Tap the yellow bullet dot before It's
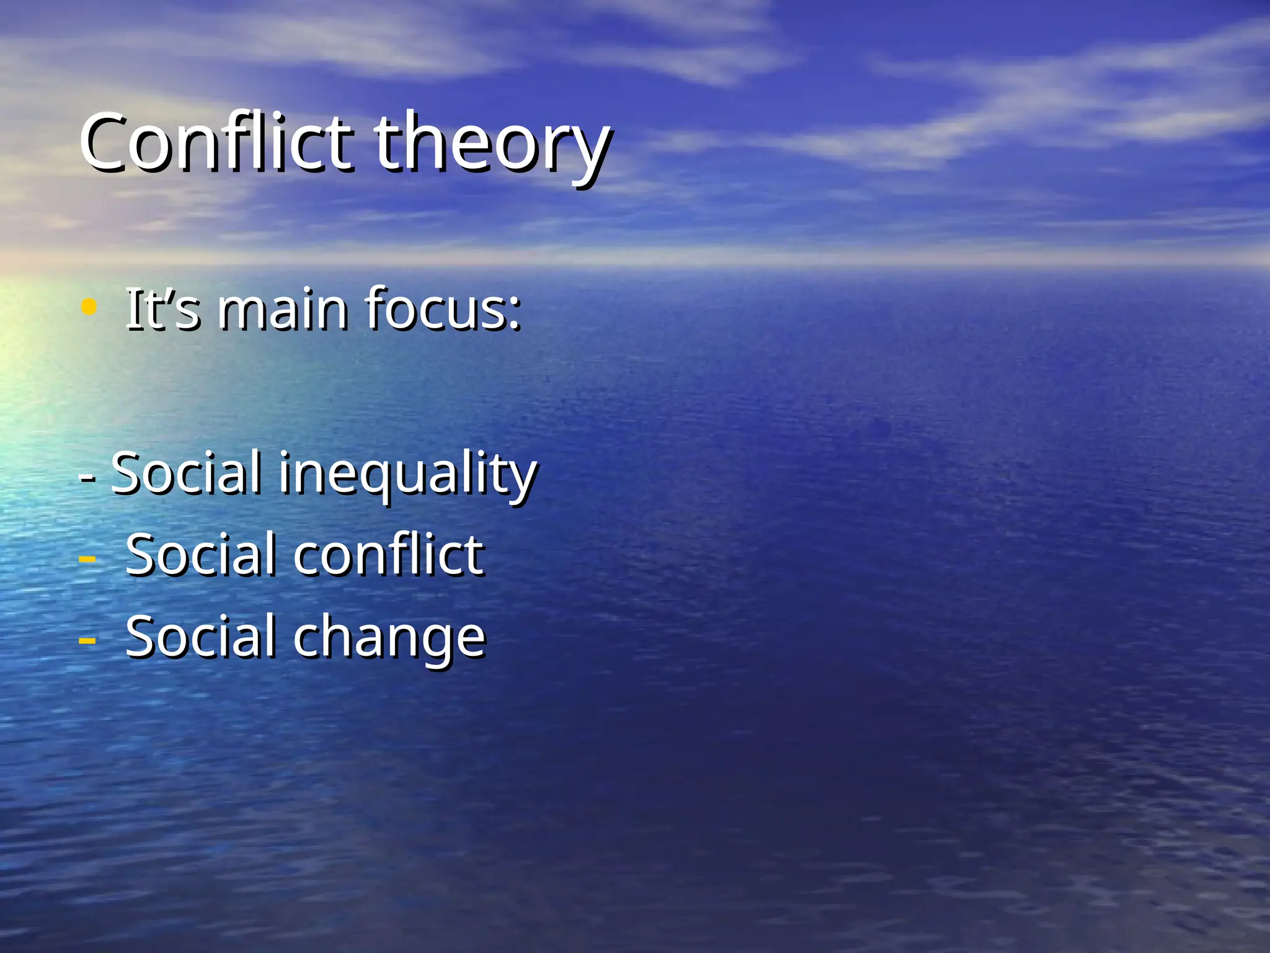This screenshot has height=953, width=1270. pyautogui.click(x=89, y=306)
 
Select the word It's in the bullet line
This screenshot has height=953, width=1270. pyautogui.click(x=162, y=308)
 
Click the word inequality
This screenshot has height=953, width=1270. pyautogui.click(x=407, y=474)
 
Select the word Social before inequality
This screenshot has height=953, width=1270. pyautogui.click(x=186, y=473)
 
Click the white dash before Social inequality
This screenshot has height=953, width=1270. pyautogui.click(x=87, y=478)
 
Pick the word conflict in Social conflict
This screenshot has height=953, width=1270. pyautogui.click(x=388, y=554)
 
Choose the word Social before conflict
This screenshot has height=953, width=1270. pyautogui.click(x=200, y=554)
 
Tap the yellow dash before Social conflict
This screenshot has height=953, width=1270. pyautogui.click(x=87, y=558)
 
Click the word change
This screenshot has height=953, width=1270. pyautogui.click(x=389, y=637)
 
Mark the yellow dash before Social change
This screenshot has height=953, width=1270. pyautogui.click(x=87, y=640)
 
